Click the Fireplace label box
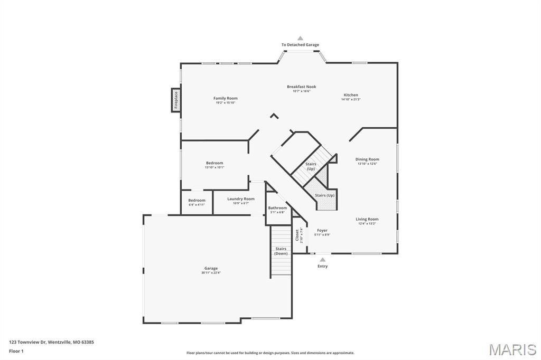point(176,100)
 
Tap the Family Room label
point(225,98)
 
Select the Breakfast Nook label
point(301,87)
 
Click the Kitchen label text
point(351,95)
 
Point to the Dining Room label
point(367,159)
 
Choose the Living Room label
point(367,219)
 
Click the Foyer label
point(322,230)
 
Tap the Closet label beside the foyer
point(297,235)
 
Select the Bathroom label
point(277,208)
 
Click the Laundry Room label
point(241,199)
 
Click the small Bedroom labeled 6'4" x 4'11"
point(197,200)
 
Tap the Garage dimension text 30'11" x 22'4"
point(211,273)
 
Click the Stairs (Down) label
point(281,251)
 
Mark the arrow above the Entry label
point(322,259)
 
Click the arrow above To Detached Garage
point(300,38)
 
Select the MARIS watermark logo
point(512,349)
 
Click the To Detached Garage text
point(300,45)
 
